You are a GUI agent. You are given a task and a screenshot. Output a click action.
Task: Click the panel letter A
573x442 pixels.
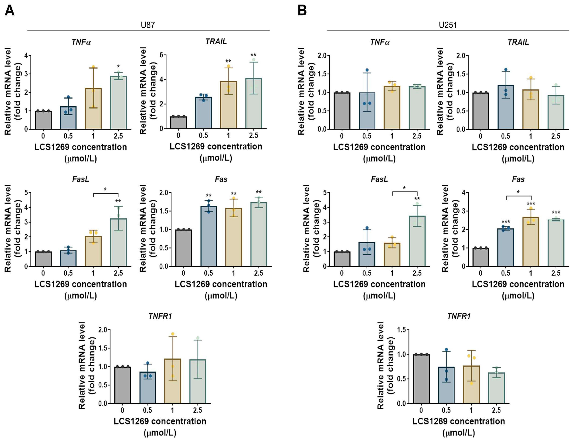coord(10,11)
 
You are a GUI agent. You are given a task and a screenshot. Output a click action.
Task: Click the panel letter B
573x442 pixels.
coord(302,11)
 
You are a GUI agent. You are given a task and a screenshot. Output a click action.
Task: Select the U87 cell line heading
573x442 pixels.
coord(148,25)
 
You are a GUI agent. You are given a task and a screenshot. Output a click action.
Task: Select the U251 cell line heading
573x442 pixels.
coord(448,25)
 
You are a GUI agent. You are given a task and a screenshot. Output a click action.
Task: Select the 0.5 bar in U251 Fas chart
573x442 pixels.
coord(506,248)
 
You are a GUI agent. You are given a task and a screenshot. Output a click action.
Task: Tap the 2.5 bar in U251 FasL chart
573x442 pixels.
coord(417,241)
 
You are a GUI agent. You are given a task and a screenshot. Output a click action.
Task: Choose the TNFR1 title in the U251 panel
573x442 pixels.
coord(459,316)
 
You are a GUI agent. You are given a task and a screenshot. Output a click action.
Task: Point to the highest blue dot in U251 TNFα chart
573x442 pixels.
coord(367,70)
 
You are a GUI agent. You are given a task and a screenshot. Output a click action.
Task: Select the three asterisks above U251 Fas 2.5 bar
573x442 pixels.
coord(556,212)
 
